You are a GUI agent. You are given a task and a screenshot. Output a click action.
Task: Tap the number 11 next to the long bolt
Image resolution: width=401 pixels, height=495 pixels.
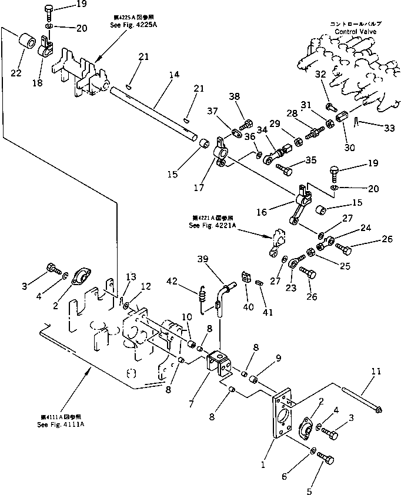coord(377,372)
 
